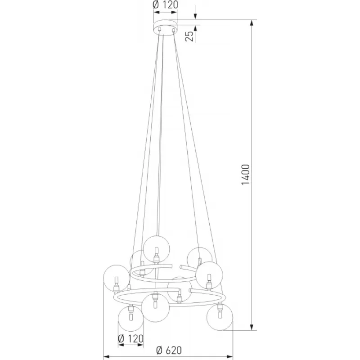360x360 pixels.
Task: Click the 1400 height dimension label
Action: pos(246,175)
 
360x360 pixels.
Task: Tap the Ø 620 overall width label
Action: pos(169,350)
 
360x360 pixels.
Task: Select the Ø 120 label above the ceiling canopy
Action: pos(165,4)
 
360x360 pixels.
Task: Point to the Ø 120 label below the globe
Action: pos(130,339)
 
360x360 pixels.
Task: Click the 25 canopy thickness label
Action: pos(189,36)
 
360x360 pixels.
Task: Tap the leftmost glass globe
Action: pos(117,278)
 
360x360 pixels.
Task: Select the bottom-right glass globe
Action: pos(220,317)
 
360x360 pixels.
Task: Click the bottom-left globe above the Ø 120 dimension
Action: pos(131,318)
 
